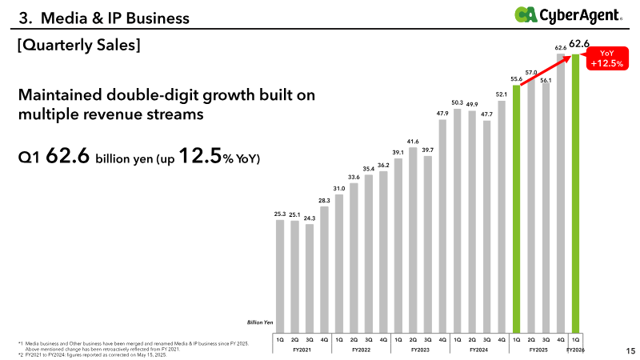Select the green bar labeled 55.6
pyautogui.click(x=516, y=208)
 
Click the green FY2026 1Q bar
pyautogui.click(x=576, y=192)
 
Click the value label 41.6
pyautogui.click(x=413, y=141)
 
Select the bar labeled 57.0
pyautogui.click(x=531, y=204)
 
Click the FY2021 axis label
pyautogui.click(x=302, y=350)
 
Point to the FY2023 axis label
pyautogui.click(x=420, y=350)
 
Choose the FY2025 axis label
pyautogui.click(x=538, y=350)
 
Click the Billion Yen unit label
pyautogui.click(x=260, y=322)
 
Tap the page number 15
pyautogui.click(x=630, y=350)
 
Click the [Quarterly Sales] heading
pyautogui.click(x=80, y=46)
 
